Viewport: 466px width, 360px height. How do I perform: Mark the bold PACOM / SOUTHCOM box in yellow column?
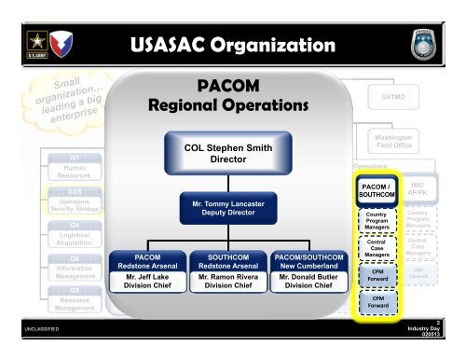click(372, 191)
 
